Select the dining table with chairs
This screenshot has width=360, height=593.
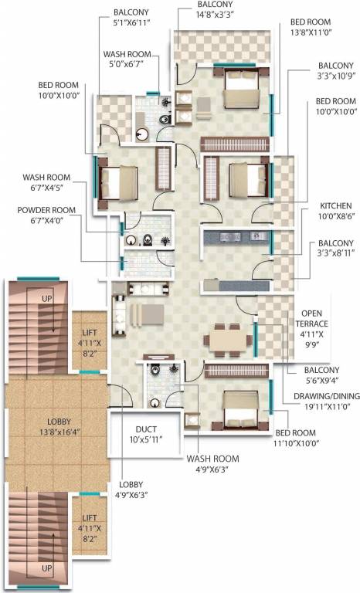(227, 338)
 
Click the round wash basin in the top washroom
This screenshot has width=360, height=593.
(142, 134)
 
